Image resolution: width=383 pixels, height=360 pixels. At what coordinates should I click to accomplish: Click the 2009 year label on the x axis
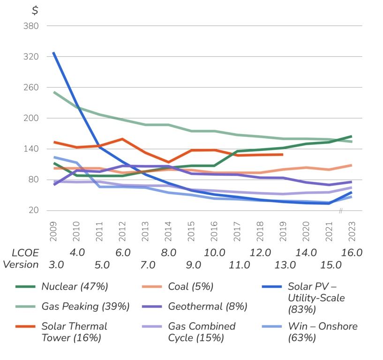coord(53,231)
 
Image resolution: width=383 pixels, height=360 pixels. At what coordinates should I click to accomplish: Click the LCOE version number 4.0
coord(77,253)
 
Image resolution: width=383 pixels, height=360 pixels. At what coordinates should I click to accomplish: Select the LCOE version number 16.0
coord(352,253)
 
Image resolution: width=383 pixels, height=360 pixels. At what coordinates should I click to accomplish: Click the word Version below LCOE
coord(21,265)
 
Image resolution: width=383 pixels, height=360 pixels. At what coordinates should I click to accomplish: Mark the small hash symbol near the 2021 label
coord(341,210)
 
